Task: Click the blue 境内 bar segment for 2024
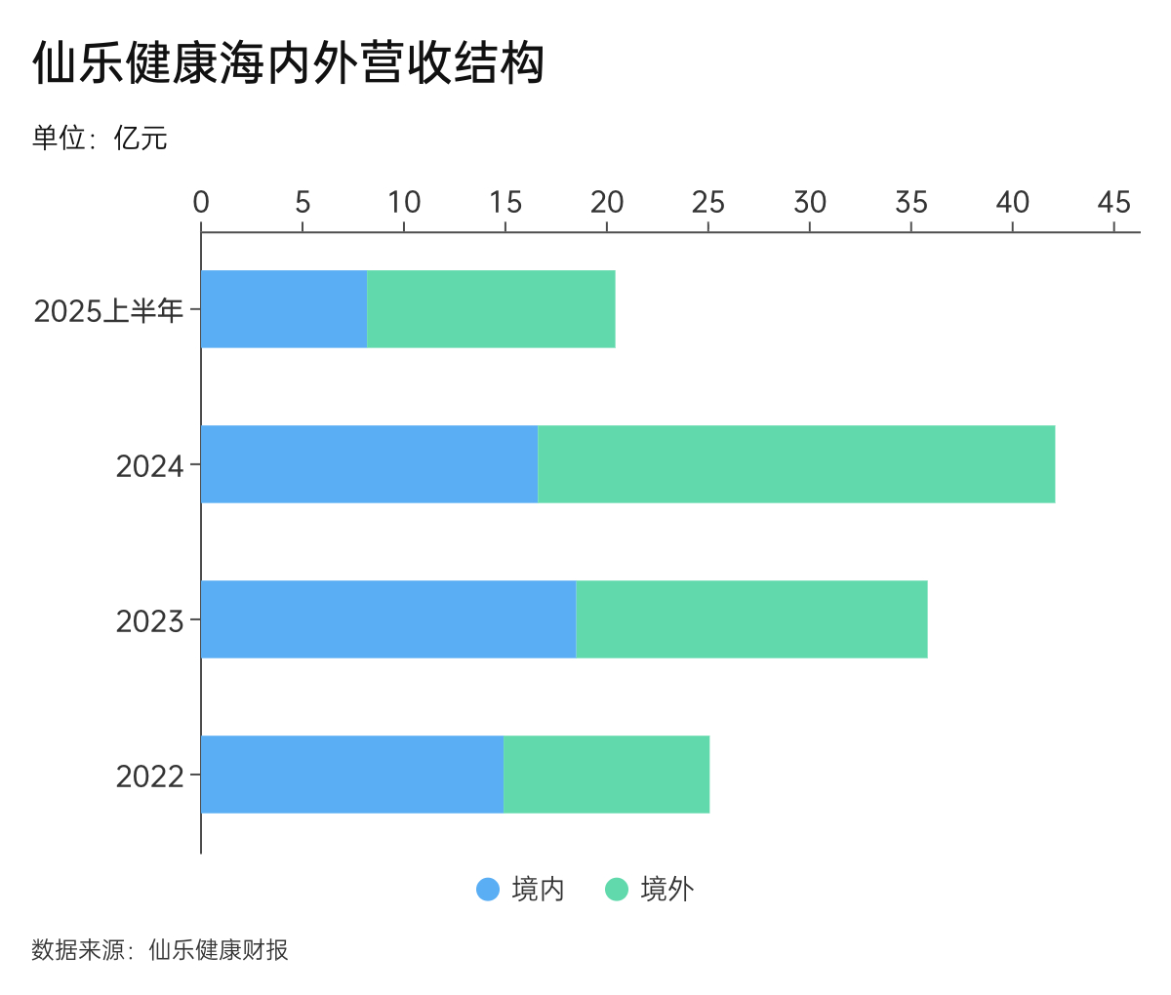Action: pyautogui.click(x=369, y=464)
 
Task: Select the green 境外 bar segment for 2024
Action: pyautogui.click(x=796, y=464)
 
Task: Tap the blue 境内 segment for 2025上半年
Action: pyautogui.click(x=284, y=309)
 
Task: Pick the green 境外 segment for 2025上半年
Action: pyautogui.click(x=491, y=309)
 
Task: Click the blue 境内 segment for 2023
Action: pyautogui.click(x=388, y=619)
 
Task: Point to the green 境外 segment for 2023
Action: pyautogui.click(x=751, y=619)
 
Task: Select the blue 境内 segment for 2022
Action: pyautogui.click(x=352, y=775)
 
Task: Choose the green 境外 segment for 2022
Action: pyautogui.click(x=606, y=775)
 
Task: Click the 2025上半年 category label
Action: pyautogui.click(x=108, y=311)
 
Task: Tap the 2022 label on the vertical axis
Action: pyautogui.click(x=149, y=776)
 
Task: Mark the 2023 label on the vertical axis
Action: pyautogui.click(x=149, y=621)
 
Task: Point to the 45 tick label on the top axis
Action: pyautogui.click(x=1113, y=203)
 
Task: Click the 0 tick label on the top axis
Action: pyautogui.click(x=201, y=203)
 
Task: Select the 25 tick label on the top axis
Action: pyautogui.click(x=708, y=203)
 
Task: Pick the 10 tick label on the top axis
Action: pyautogui.click(x=404, y=203)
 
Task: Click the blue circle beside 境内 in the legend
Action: pyautogui.click(x=488, y=890)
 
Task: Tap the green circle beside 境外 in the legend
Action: pyautogui.click(x=617, y=890)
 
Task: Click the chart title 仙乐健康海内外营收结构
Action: pyautogui.click(x=288, y=64)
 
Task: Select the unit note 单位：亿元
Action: pyautogui.click(x=100, y=139)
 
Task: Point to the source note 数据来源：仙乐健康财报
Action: pyautogui.click(x=160, y=950)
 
